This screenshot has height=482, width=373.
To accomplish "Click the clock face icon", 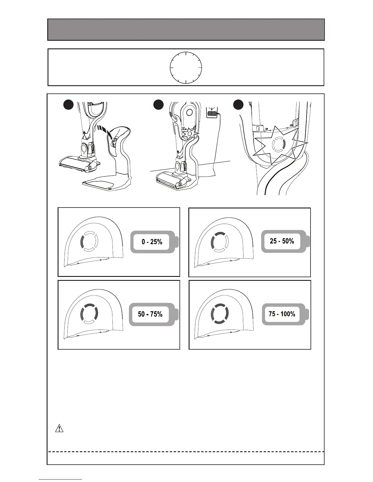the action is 186,67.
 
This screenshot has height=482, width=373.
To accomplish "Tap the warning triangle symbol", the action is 59,428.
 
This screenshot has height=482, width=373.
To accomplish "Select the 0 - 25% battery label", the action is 152,242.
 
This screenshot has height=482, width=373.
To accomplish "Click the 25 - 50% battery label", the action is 282,241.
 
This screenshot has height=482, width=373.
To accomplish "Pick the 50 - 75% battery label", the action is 150,314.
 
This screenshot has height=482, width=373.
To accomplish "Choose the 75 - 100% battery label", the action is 282,314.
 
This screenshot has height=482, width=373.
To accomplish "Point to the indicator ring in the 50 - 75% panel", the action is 89,314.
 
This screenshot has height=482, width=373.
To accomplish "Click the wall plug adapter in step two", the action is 212,113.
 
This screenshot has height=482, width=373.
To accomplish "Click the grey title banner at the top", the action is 186,30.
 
